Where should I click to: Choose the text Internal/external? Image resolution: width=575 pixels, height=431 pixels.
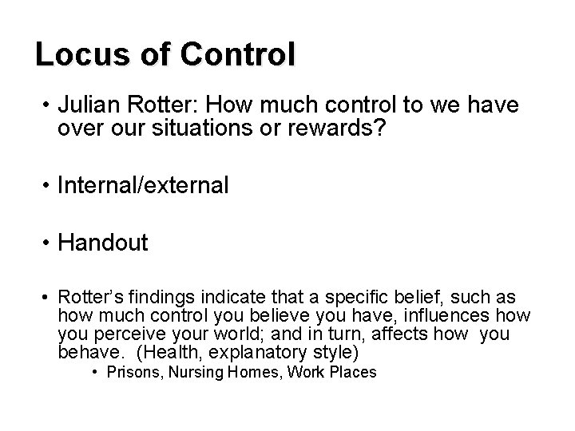pos(143,186)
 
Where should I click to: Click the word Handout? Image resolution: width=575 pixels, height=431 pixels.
pos(103,243)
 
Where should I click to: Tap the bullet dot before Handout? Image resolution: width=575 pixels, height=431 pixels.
pos(48,243)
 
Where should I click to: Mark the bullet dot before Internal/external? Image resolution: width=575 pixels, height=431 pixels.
pos(48,186)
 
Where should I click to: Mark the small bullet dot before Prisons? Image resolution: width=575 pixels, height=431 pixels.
pos(95,373)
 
